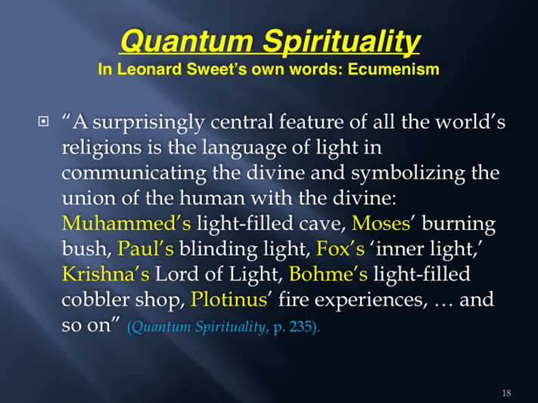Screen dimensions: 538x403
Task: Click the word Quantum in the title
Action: click(187, 41)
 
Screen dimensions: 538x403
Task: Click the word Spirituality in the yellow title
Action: click(341, 42)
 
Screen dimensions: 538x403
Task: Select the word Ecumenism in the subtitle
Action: click(393, 70)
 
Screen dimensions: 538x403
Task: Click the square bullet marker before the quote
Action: click(43, 121)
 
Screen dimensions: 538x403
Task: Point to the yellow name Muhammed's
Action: click(126, 223)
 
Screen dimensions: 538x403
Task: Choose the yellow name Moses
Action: click(381, 223)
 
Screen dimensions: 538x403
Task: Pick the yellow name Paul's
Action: click(145, 248)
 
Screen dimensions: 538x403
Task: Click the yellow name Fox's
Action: click(340, 248)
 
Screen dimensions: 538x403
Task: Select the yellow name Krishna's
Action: click(106, 274)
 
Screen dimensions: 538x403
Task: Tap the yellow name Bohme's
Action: click(328, 274)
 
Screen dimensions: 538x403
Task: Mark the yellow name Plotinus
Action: click(229, 299)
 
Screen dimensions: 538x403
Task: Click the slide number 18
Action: click(506, 392)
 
